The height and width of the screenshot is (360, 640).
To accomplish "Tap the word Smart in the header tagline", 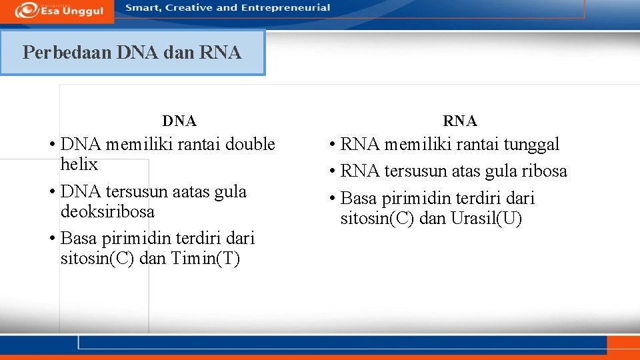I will [x=142, y=8].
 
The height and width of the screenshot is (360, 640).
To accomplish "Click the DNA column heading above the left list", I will [x=179, y=121].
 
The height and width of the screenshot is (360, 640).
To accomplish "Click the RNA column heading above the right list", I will [x=460, y=121].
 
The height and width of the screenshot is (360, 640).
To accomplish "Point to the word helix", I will [x=79, y=165].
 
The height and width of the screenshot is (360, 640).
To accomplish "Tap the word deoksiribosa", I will [x=107, y=212].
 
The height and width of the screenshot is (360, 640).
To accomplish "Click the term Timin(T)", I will [x=205, y=259].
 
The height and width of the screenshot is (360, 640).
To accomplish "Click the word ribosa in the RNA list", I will [x=543, y=171].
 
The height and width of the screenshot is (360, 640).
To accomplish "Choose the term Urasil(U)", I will [x=486, y=219].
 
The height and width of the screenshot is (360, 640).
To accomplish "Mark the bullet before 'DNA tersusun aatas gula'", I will [x=51, y=192].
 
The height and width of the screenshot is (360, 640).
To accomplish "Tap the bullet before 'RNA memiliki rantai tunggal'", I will [x=331, y=145].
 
